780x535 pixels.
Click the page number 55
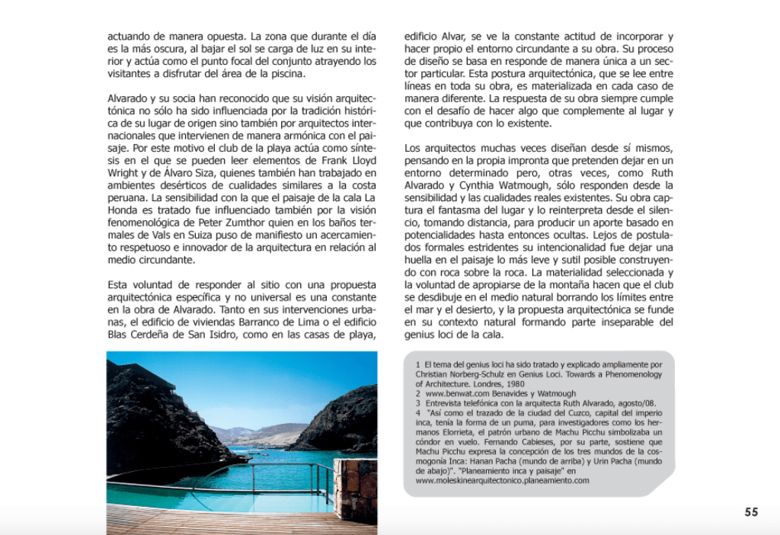751,512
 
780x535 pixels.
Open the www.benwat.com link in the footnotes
451,393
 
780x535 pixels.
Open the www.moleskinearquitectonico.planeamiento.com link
502,481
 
